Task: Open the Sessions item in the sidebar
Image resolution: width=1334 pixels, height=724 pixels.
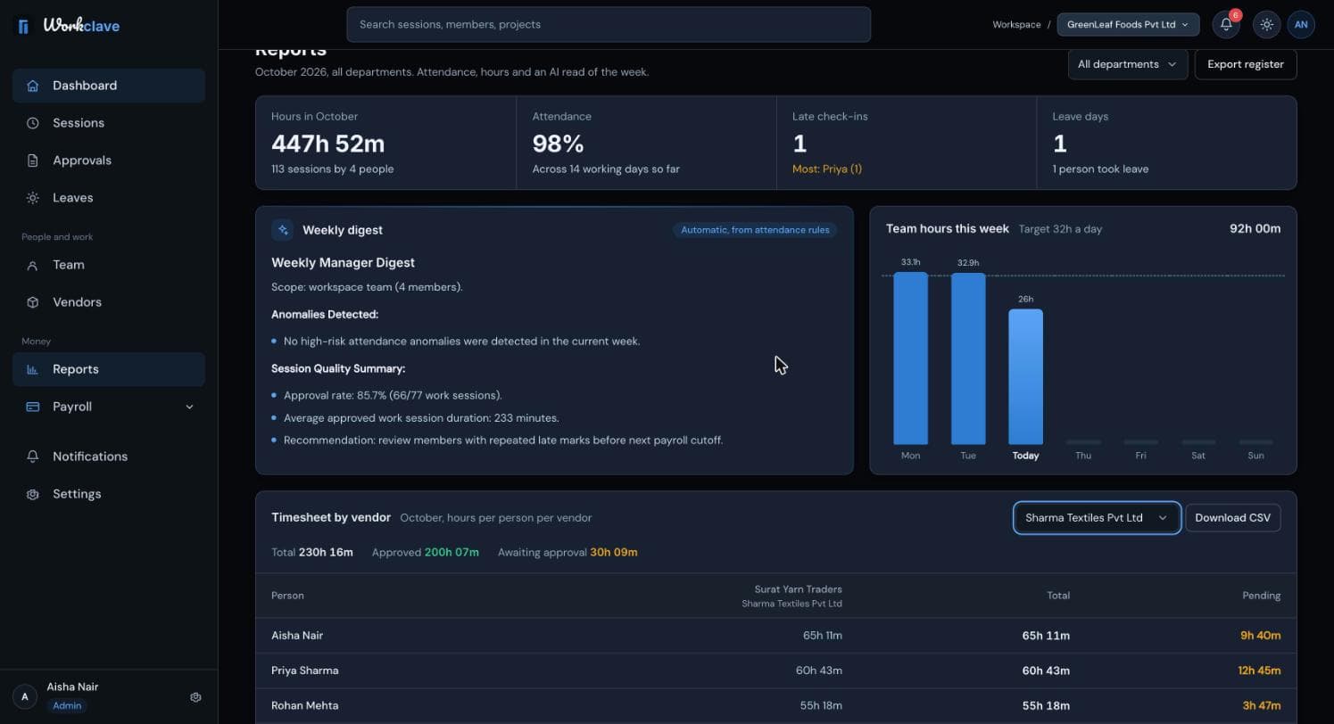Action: (78, 123)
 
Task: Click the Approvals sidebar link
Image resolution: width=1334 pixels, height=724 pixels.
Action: (81, 160)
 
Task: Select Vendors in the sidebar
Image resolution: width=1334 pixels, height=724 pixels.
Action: (77, 302)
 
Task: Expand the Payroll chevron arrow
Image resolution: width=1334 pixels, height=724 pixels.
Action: (189, 407)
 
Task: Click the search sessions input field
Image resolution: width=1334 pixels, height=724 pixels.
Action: (608, 24)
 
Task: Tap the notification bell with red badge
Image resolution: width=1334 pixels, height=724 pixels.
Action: (1226, 24)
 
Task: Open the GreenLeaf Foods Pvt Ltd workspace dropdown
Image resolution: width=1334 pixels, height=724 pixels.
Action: (1128, 24)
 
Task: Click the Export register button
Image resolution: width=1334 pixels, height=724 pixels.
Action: (1246, 64)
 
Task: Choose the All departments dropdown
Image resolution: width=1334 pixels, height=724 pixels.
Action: (1127, 64)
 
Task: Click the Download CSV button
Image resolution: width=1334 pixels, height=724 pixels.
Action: (1232, 517)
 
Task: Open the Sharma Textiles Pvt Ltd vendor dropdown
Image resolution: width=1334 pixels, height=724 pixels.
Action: (1097, 517)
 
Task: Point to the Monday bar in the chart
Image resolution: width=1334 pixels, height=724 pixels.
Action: (910, 358)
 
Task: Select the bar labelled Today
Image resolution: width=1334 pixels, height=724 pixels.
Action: (1025, 376)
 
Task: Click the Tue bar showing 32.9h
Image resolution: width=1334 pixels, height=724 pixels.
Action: (968, 358)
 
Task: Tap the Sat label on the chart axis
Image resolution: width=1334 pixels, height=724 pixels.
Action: (1198, 456)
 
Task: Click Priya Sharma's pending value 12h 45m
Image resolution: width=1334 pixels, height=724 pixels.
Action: (1259, 671)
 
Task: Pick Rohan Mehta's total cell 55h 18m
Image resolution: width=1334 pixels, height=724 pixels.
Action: (1046, 705)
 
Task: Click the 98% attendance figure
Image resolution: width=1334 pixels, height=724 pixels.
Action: (558, 144)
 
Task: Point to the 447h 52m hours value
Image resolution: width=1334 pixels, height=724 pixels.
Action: (328, 144)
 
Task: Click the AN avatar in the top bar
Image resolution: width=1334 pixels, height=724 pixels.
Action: (1301, 24)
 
